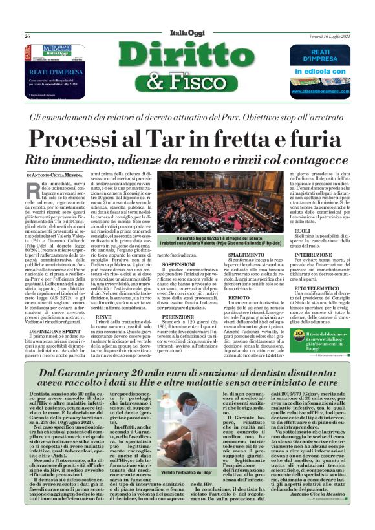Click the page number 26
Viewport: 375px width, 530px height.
(x=27, y=37)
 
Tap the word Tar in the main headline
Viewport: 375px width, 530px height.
(x=184, y=140)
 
